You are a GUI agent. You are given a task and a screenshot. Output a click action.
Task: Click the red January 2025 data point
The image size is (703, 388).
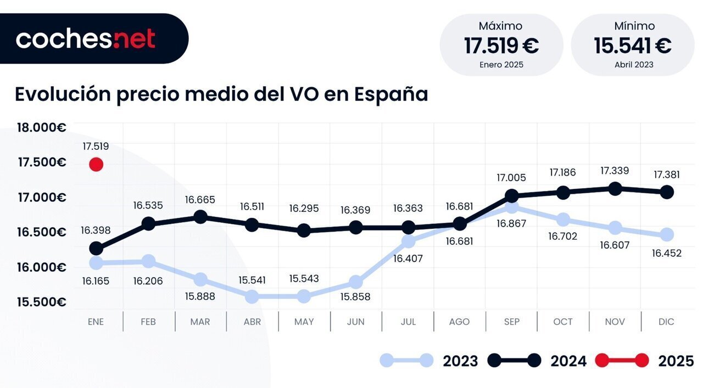point(96,164)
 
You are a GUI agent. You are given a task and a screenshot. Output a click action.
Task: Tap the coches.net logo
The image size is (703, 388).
point(86,39)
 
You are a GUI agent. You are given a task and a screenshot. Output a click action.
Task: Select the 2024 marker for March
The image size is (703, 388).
point(200,217)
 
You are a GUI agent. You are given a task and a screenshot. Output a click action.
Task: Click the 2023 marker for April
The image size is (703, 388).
point(252,297)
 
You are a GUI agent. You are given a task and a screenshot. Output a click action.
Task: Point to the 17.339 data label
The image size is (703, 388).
point(615,171)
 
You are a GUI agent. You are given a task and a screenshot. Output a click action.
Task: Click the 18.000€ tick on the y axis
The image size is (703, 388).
point(42,128)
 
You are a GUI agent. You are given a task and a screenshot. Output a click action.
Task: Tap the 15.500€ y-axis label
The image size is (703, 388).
point(42,302)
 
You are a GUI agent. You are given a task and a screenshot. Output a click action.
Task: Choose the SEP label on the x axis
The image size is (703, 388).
point(511,322)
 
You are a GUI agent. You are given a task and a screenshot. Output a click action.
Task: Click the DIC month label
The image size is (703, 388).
point(666,322)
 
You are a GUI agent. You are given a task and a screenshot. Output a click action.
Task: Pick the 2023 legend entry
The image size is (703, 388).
point(429,361)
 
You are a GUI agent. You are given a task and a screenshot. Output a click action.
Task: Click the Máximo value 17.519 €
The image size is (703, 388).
point(501,46)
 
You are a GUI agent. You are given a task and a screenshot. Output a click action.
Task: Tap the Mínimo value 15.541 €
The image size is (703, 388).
point(633,46)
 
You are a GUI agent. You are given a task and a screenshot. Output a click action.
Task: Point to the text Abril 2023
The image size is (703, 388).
point(634,65)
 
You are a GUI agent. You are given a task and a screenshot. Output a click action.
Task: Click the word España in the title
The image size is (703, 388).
point(390,94)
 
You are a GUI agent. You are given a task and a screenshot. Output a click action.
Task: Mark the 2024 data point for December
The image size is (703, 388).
point(667,192)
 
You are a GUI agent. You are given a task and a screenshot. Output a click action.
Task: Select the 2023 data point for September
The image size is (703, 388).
point(511,207)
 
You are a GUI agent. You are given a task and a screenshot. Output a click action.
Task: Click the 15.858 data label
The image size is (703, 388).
point(355,297)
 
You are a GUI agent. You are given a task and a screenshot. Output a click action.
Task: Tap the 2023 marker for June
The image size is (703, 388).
point(356,282)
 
